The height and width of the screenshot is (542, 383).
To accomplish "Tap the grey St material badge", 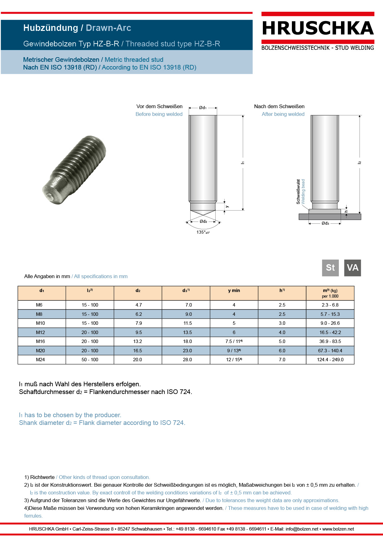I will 330,268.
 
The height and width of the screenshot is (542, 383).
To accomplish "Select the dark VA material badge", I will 352,268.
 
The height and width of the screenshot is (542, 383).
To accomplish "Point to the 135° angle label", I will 203,232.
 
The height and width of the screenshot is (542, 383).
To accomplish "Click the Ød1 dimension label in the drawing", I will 203,108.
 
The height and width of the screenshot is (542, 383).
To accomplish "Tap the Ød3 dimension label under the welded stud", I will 325,223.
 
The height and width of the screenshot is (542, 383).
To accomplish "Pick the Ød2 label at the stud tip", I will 203,221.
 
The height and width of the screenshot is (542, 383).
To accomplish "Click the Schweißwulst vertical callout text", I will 298,192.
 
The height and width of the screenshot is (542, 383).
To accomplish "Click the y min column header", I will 234,290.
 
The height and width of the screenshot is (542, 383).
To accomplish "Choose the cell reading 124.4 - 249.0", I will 330,360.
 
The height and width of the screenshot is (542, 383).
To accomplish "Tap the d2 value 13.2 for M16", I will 137,341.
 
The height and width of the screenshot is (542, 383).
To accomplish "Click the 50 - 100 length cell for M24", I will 90,360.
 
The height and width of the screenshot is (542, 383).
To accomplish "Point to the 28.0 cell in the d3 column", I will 187,360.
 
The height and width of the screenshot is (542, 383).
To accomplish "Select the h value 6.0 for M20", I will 282,351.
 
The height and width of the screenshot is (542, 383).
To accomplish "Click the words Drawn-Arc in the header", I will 108,28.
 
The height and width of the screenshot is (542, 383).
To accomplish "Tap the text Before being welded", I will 159,114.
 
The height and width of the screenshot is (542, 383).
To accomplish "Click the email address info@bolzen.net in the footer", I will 302,529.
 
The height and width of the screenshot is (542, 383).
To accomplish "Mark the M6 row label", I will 39,305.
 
